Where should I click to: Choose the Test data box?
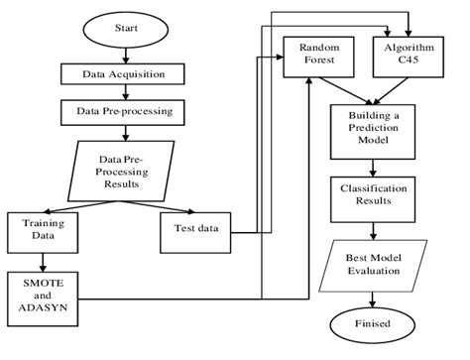[x=193, y=230]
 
